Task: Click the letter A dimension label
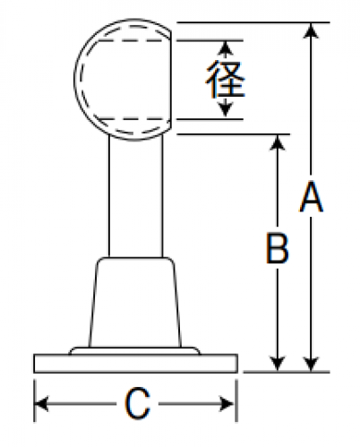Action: tap(311, 196)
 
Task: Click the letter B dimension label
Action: tap(278, 248)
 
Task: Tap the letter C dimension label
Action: tap(137, 403)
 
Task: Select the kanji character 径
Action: tap(226, 79)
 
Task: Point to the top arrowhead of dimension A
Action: tap(311, 30)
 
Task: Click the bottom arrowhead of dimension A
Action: tap(311, 364)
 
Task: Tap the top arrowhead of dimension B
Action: tap(278, 142)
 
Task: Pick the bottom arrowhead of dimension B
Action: tap(278, 364)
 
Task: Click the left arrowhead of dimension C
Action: tap(42, 404)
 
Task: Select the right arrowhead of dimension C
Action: tap(227, 404)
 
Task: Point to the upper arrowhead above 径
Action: tap(226, 47)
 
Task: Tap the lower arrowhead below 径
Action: tap(226, 109)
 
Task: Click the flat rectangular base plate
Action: tap(135, 364)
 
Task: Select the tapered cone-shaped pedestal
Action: tap(135, 302)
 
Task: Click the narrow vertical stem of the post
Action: tap(136, 197)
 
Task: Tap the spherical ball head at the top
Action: tap(123, 79)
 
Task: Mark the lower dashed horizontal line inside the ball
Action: tap(133, 119)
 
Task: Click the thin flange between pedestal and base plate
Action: tap(134, 350)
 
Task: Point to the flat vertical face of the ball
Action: tap(170, 81)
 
